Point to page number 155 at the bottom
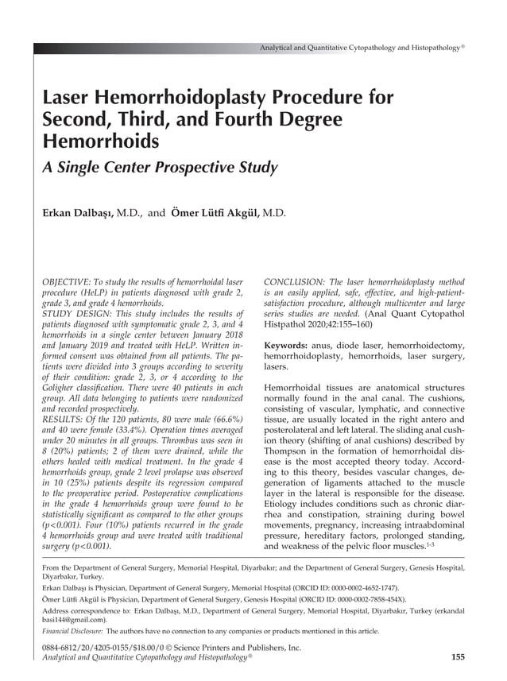pos(457,657)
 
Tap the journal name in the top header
pos(359,48)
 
